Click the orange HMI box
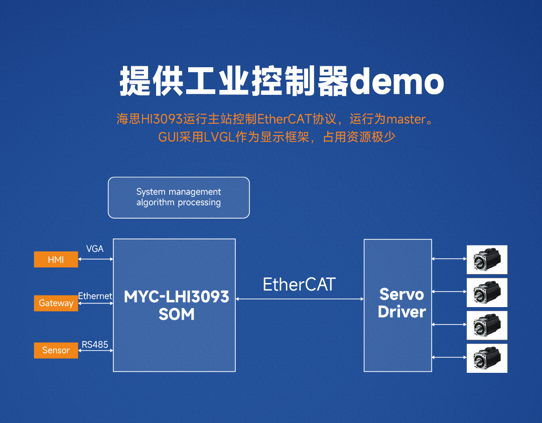pos(56,259)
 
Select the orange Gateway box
pos(56,303)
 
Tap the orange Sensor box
pos(56,350)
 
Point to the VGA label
pos(95,249)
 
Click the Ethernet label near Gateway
pos(95,296)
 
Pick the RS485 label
pos(95,344)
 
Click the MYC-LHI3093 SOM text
pos(176,305)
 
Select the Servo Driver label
pos(401,303)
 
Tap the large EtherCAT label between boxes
pos(299,285)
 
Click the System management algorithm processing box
pos(179,197)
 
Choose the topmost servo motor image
pos(487,259)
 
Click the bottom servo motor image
pos(487,358)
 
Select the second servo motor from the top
pos(487,292)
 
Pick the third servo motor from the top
pos(487,325)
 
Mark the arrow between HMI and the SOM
pos(95,259)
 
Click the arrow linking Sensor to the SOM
pos(95,351)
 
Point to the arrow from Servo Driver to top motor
pos(449,259)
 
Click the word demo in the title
pos(396,82)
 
